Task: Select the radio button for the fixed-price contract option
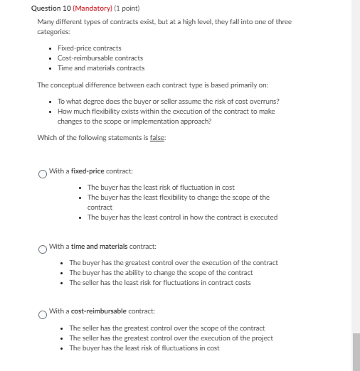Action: click(x=43, y=172)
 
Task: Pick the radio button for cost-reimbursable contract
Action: click(x=43, y=313)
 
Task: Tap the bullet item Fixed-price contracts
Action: click(x=89, y=48)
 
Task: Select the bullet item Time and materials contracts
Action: click(x=100, y=68)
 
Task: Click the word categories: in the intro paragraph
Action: click(x=53, y=32)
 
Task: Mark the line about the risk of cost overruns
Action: click(x=168, y=101)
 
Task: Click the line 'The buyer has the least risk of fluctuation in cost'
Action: click(x=161, y=187)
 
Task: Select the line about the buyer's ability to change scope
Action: click(x=161, y=273)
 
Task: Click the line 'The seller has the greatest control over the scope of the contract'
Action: click(x=166, y=328)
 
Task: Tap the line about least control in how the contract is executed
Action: click(x=182, y=217)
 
